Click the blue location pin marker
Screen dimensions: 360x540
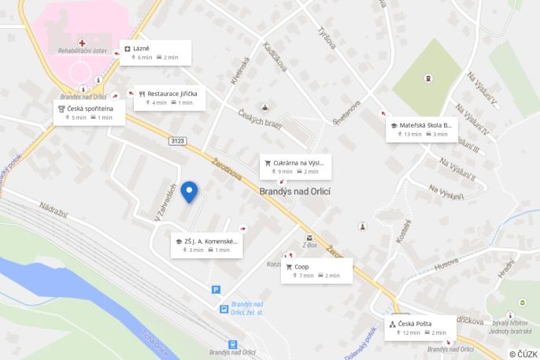pyautogui.click(x=189, y=191)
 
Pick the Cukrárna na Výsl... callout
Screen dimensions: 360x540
pyautogui.click(x=294, y=165)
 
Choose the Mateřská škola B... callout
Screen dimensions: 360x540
pyautogui.click(x=422, y=129)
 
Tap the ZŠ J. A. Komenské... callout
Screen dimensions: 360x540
pyautogui.click(x=207, y=244)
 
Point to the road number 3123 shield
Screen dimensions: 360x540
pyautogui.click(x=176, y=141)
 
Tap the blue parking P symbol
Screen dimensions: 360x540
pyautogui.click(x=216, y=290)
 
